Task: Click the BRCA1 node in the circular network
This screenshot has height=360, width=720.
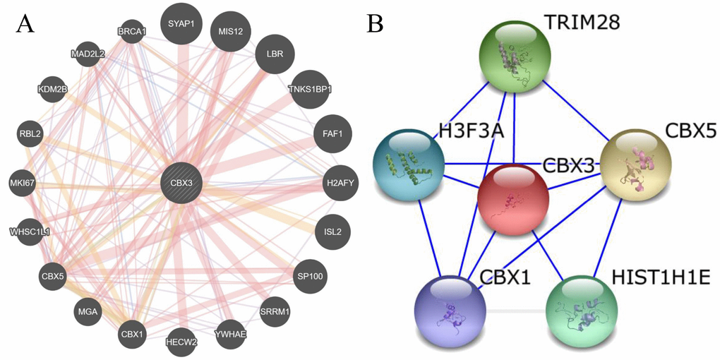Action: pyautogui.click(x=131, y=31)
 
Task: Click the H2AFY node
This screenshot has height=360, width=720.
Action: pyautogui.click(x=337, y=183)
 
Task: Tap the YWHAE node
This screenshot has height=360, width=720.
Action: pyautogui.click(x=231, y=335)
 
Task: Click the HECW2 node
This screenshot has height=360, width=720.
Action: pyautogui.click(x=182, y=342)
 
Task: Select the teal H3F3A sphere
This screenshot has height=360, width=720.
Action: pyautogui.click(x=408, y=162)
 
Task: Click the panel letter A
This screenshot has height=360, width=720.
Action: pyautogui.click(x=26, y=25)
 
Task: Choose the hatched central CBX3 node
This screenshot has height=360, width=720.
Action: pyautogui.click(x=182, y=183)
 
